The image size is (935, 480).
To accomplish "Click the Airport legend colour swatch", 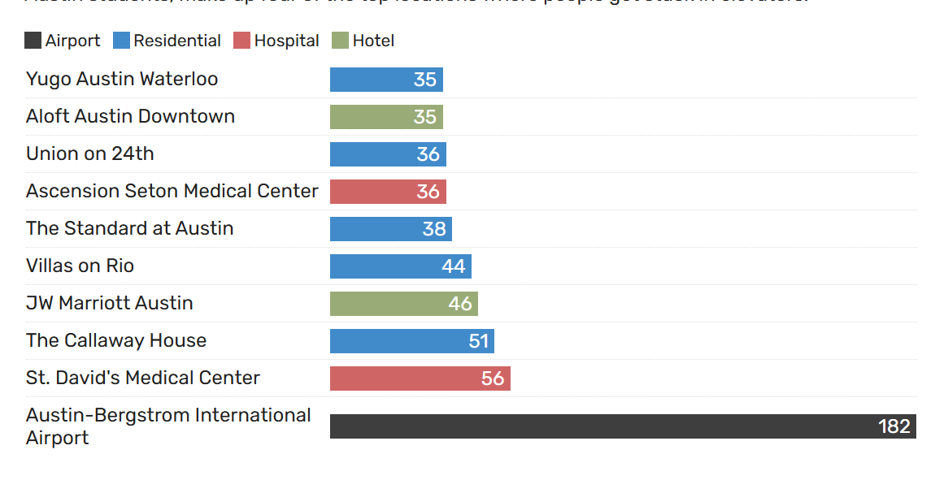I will (x=33, y=41).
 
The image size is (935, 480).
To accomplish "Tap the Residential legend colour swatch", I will (x=121, y=41).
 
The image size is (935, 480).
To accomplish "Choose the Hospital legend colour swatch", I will (x=241, y=41).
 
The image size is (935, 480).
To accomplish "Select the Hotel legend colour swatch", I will (x=340, y=41).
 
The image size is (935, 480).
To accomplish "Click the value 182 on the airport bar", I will (x=894, y=426).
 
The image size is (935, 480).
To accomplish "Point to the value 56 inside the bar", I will (x=493, y=378).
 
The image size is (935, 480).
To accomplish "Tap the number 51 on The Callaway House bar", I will (x=478, y=341).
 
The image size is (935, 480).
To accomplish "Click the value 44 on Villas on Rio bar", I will (x=454, y=266).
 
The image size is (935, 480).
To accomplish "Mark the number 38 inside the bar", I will (x=434, y=229).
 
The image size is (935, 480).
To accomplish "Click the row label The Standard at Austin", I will (x=130, y=228).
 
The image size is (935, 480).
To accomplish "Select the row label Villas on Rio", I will (x=80, y=266).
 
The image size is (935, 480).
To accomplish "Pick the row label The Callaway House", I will (x=116, y=340).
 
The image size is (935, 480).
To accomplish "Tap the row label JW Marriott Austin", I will (x=110, y=303).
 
